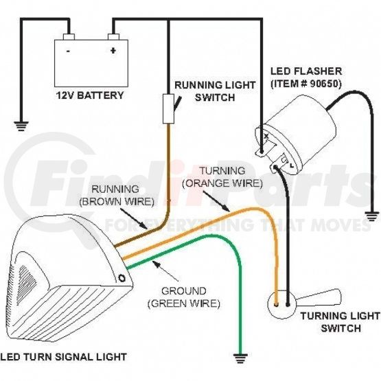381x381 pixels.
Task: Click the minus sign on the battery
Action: point(69,51)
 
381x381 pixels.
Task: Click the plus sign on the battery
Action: point(113,51)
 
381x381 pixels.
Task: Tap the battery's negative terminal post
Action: point(69,36)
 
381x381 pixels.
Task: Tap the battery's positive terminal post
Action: point(113,36)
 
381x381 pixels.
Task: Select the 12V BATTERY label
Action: point(90,95)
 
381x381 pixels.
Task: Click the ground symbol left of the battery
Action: point(21,126)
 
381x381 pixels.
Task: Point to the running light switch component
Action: point(169,108)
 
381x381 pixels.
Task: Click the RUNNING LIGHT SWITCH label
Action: point(215,91)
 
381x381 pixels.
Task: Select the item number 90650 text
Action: point(306,84)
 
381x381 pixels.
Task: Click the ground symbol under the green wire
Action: point(240,358)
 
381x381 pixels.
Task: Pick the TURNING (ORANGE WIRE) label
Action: point(222,177)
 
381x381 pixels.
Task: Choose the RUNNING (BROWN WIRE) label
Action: point(117,196)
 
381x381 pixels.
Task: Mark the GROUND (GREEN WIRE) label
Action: point(184,297)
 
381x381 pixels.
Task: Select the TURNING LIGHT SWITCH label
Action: point(340,322)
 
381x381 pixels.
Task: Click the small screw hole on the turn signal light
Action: point(122,278)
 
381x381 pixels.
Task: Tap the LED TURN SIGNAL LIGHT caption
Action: point(64,357)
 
